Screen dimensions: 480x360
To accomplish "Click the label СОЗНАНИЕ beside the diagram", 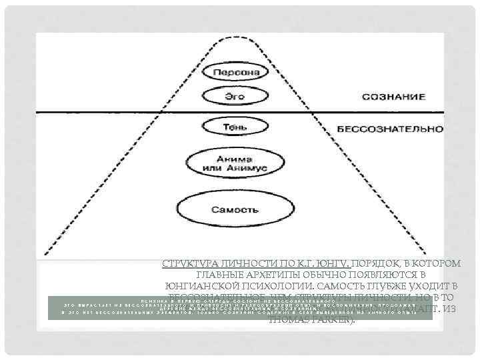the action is pos(394,97).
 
